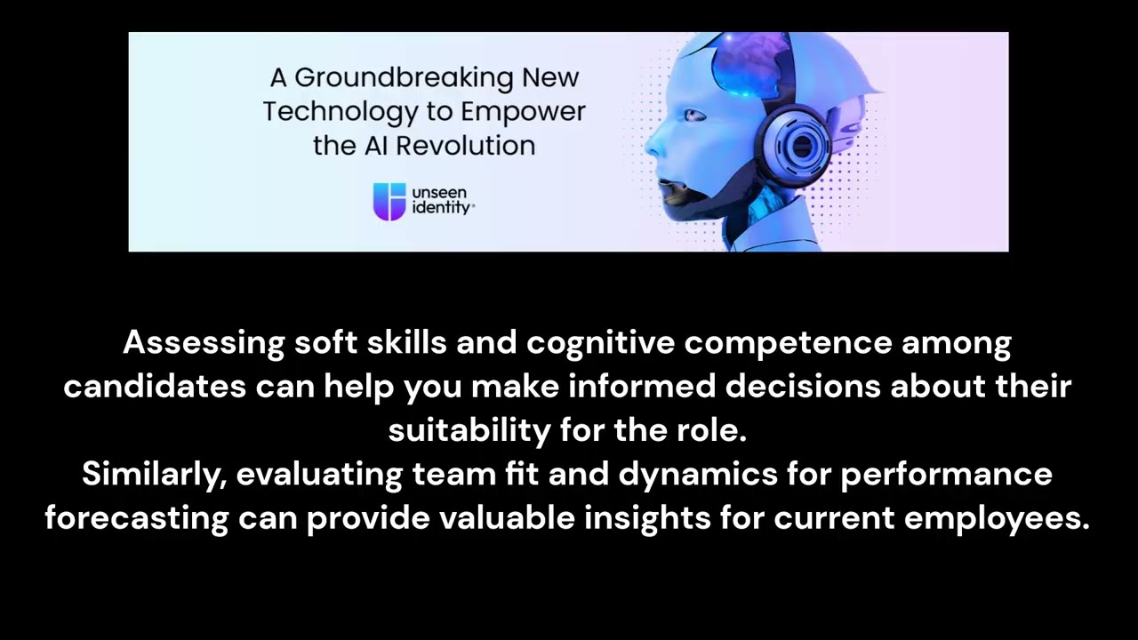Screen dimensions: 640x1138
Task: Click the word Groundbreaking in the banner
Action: (404, 78)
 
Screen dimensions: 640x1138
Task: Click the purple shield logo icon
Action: (389, 201)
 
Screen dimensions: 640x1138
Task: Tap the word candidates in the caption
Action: (155, 387)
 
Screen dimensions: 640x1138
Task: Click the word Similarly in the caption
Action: (154, 474)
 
